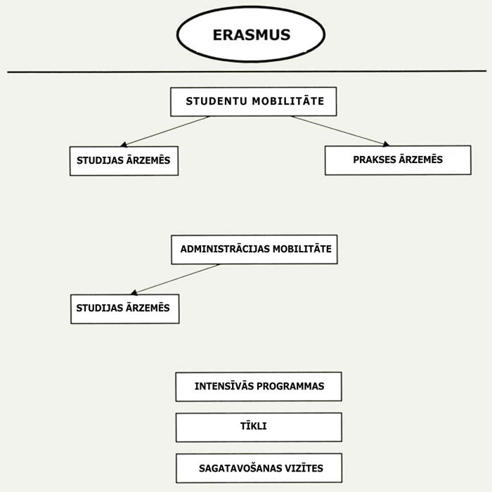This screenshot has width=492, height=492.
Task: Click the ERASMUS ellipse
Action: pyautogui.click(x=251, y=34)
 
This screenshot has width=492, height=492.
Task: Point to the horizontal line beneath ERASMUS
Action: pyautogui.click(x=246, y=71)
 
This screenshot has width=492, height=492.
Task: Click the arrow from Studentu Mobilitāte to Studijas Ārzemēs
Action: pyautogui.click(x=165, y=131)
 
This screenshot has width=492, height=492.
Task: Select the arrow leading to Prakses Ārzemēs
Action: pyautogui.click(x=340, y=131)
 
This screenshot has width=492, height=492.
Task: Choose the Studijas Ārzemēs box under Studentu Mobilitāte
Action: pyautogui.click(x=124, y=161)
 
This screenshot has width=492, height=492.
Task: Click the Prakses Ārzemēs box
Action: pyautogui.click(x=398, y=160)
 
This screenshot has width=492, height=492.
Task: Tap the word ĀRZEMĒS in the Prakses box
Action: pyautogui.click(x=420, y=160)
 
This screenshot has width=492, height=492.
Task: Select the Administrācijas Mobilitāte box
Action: pyautogui.click(x=254, y=250)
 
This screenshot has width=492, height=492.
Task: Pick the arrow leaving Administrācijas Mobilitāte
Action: pyautogui.click(x=176, y=279)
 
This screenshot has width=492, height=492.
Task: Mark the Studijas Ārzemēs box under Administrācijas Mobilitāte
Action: pyautogui.click(x=124, y=309)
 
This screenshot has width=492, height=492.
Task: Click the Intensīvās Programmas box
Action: pyautogui.click(x=258, y=387)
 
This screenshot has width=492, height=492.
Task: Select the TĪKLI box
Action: pyautogui.click(x=258, y=427)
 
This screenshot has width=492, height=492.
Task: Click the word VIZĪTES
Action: pyautogui.click(x=304, y=467)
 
